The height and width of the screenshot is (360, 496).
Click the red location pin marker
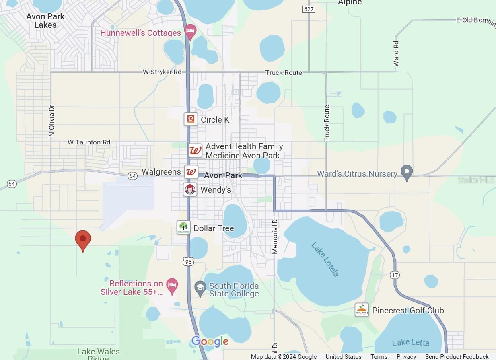(x=83, y=239)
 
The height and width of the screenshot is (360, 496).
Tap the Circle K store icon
(x=191, y=119)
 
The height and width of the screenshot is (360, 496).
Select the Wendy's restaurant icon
(x=190, y=189)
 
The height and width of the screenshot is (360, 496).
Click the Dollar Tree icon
(x=183, y=228)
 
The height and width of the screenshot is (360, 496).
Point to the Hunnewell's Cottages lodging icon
(x=190, y=31)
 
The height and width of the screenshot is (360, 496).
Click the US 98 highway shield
(x=188, y=261)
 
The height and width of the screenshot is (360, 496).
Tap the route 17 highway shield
(x=394, y=274)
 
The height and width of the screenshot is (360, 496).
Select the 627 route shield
(x=309, y=9)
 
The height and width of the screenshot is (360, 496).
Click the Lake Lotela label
(x=325, y=259)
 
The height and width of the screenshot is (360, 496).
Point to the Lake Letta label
(x=410, y=343)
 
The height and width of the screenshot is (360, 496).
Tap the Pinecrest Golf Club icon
(x=362, y=310)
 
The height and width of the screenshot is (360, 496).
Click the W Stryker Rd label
(x=162, y=72)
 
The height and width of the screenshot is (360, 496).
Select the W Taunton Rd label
(x=89, y=142)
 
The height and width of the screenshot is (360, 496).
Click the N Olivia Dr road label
(x=51, y=121)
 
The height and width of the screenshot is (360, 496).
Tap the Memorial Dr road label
(x=275, y=235)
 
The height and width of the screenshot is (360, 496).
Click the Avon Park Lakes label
(x=45, y=21)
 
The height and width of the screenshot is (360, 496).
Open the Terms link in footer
(x=379, y=356)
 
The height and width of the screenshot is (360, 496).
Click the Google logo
(x=210, y=341)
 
